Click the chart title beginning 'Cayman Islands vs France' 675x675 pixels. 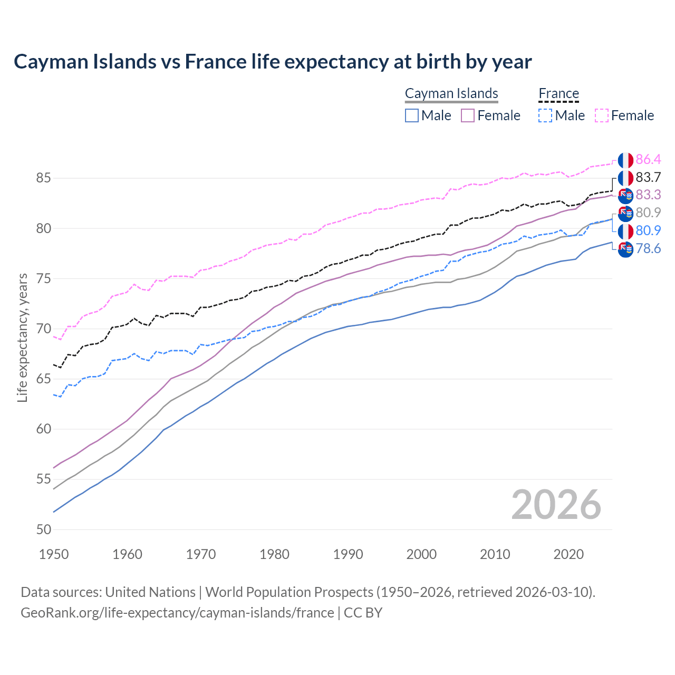point(273,62)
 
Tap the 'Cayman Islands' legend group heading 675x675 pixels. point(451,93)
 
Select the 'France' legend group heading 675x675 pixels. point(558,93)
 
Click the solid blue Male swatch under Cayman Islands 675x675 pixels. point(412,115)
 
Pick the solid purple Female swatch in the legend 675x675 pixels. point(468,115)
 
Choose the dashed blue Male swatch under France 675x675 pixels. point(545,115)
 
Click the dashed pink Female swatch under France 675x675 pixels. point(602,115)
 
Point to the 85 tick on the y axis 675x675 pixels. point(43,178)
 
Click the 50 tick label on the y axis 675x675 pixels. point(43,529)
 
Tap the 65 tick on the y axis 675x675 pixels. point(43,379)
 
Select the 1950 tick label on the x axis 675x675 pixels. point(54,554)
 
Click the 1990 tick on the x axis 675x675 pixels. point(348,554)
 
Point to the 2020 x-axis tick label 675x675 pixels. point(568,554)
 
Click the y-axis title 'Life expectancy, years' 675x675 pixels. point(22,337)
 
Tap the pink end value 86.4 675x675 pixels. point(648,160)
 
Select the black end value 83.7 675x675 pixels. point(648,177)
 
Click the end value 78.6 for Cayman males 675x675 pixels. point(648,248)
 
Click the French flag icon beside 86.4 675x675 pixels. point(625,160)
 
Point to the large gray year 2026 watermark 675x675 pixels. point(556,505)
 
